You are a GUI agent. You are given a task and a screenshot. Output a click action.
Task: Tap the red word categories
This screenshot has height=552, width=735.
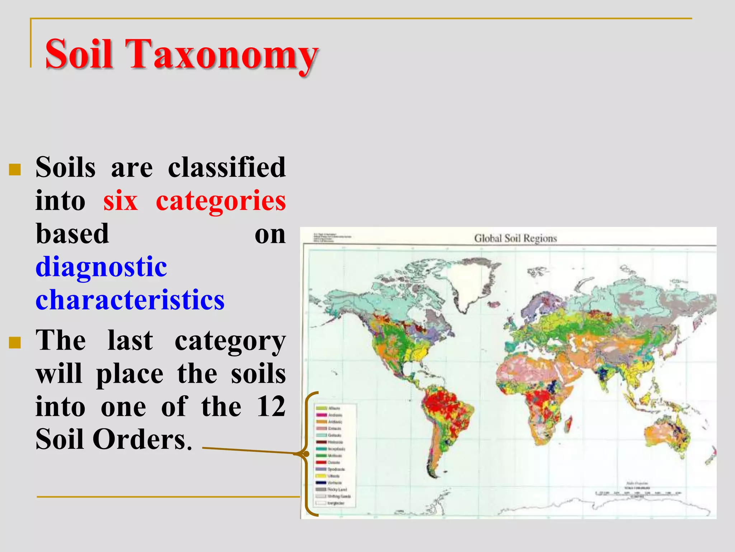click(221, 201)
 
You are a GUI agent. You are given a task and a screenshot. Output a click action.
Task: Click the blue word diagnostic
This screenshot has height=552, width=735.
click(101, 267)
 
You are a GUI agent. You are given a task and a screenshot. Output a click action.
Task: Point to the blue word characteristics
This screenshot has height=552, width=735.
click(130, 300)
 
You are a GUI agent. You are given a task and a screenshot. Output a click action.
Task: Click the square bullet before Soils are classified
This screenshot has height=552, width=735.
click(15, 169)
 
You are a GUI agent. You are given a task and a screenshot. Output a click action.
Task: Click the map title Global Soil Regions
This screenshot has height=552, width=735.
click(515, 238)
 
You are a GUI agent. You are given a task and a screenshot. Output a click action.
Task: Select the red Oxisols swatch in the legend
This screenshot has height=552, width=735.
click(321, 462)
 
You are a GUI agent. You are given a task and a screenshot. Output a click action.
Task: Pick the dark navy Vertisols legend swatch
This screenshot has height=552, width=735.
click(321, 483)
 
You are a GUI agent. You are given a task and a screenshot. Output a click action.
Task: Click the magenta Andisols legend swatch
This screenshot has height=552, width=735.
click(321, 415)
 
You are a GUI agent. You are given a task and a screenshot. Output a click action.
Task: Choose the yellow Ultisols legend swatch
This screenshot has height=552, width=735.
click(321, 476)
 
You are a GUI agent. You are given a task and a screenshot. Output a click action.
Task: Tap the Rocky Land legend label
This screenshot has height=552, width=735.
click(337, 489)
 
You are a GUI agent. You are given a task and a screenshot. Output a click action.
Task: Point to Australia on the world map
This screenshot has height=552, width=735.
click(666, 437)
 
